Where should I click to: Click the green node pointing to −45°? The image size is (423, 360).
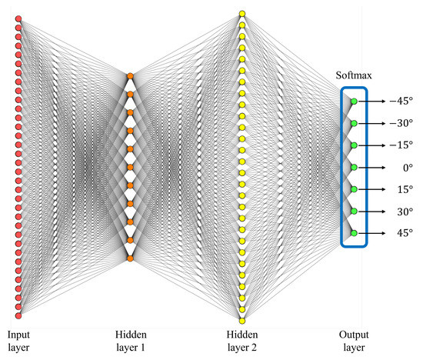(x=354, y=101)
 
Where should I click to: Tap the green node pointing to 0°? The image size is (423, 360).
(x=354, y=167)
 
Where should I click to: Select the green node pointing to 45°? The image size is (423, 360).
(x=354, y=232)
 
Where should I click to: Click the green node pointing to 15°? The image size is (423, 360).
(x=354, y=188)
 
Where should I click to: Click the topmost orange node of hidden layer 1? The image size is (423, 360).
(x=130, y=75)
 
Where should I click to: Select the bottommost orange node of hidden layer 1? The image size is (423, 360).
(x=130, y=258)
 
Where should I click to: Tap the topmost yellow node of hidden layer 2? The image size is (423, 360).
(x=241, y=13)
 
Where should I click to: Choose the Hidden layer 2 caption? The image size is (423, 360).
(x=242, y=342)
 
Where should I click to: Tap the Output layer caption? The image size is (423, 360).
(x=354, y=342)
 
